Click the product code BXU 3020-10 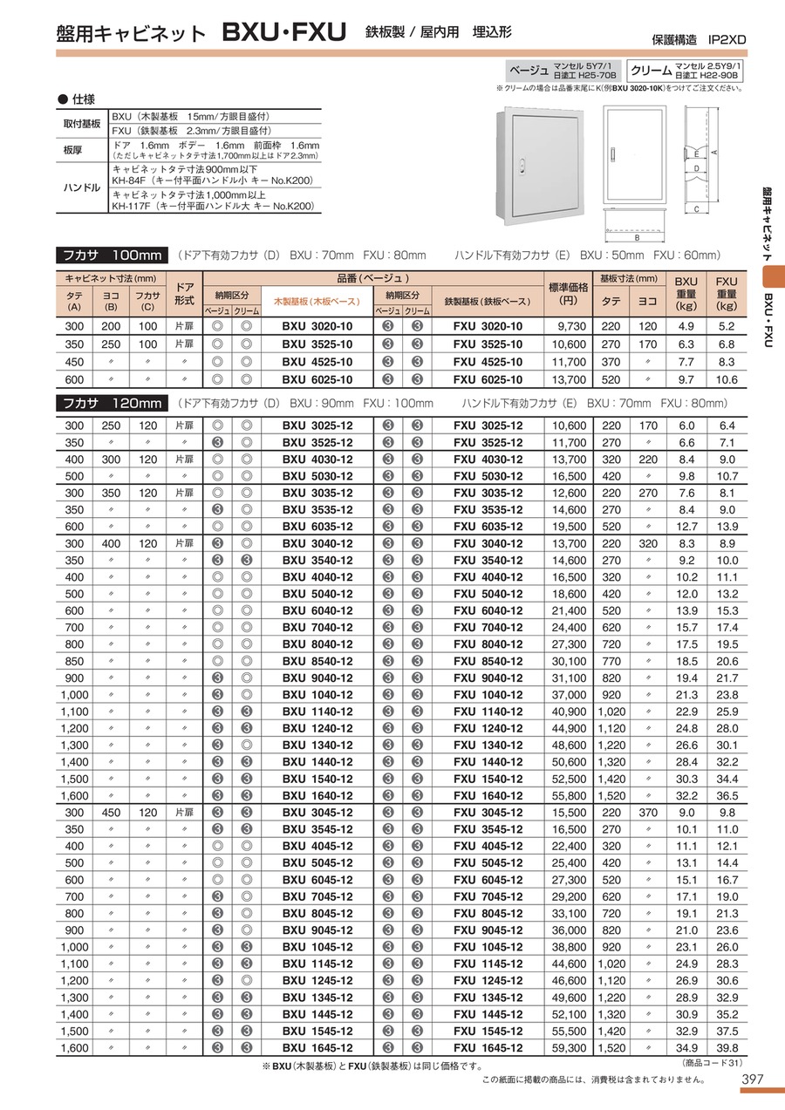point(317,327)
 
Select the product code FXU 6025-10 point(488,379)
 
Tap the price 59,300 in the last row point(569,1048)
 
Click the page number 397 point(752,1079)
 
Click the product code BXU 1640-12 point(317,796)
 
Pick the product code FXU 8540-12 point(488,661)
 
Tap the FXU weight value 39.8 point(727,1048)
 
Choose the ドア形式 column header point(184,293)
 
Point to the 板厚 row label point(72,150)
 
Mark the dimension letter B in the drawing point(638,236)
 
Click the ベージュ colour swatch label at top point(529,69)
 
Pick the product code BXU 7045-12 point(317,896)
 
